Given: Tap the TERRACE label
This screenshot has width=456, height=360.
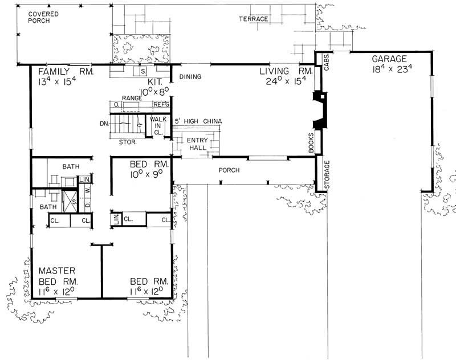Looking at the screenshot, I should pyautogui.click(x=254, y=19).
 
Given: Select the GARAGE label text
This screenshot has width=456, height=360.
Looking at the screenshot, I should pyautogui.click(x=389, y=59).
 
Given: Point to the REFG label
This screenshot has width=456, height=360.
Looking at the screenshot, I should pyautogui.click(x=161, y=105).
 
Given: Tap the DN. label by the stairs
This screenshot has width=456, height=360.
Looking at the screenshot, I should pyautogui.click(x=103, y=123).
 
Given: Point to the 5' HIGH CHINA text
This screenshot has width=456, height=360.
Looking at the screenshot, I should pyautogui.click(x=198, y=122).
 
